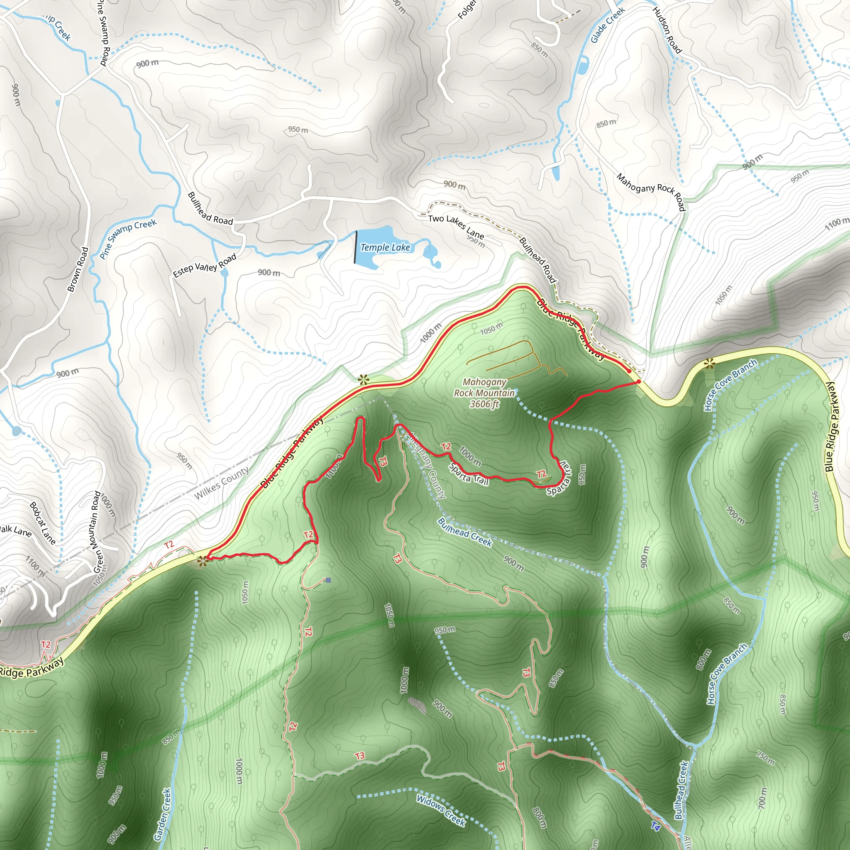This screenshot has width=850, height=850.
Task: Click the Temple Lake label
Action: click(x=385, y=248)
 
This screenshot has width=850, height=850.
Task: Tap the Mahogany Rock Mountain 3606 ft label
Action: click(x=484, y=393)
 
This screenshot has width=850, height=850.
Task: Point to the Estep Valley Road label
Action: click(x=205, y=265)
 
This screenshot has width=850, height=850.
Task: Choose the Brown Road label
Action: click(x=78, y=269)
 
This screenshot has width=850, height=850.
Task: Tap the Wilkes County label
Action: click(x=221, y=483)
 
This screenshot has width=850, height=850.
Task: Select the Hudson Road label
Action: click(x=667, y=30)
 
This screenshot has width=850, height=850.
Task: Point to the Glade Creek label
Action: click(x=607, y=25)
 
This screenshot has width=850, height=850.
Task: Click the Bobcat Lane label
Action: click(x=43, y=523)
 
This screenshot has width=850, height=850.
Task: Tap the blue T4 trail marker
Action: click(x=655, y=826)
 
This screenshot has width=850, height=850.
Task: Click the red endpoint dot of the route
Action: click(x=638, y=382)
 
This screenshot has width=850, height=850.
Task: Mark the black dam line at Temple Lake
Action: click(x=356, y=247)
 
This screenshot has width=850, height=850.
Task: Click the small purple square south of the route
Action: click(x=328, y=580)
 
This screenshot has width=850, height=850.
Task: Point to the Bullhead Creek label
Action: click(x=464, y=532)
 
